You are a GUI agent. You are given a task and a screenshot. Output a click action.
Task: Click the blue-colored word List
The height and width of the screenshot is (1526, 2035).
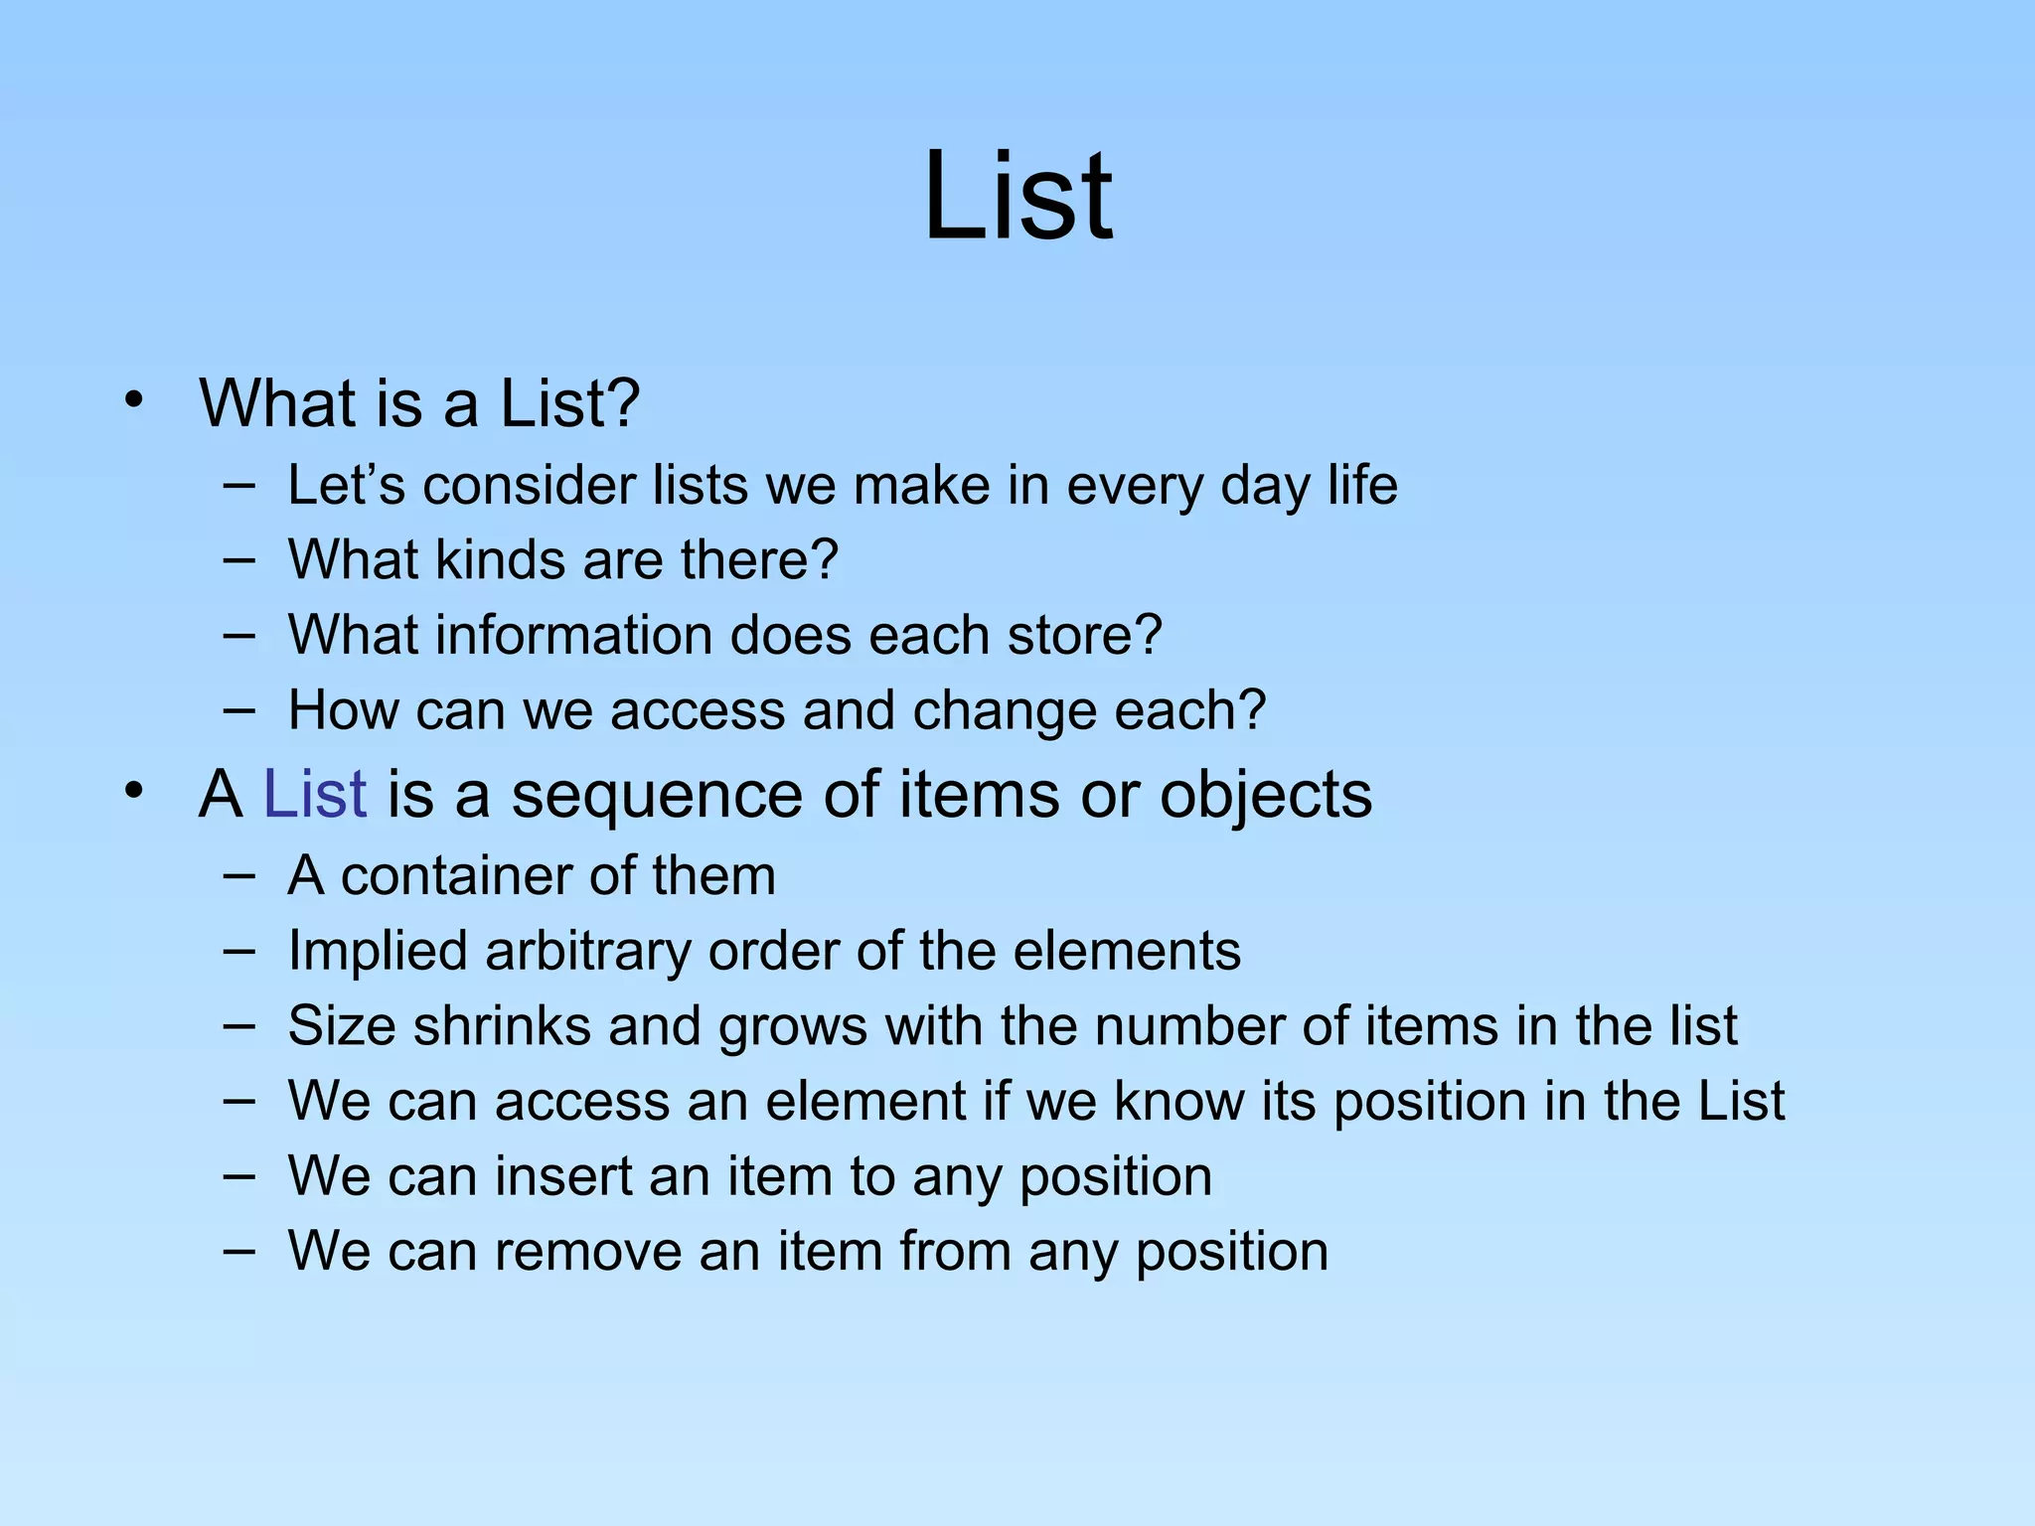tap(314, 795)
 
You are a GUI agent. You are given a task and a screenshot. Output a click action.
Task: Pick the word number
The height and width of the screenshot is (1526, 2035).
tap(1188, 1026)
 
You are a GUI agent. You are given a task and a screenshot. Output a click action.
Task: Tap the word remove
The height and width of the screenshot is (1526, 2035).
tap(587, 1252)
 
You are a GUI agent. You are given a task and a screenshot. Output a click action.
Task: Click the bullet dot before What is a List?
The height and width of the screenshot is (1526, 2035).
tap(134, 400)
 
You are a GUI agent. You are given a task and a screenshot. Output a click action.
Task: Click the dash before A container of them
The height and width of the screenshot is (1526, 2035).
tap(238, 876)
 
